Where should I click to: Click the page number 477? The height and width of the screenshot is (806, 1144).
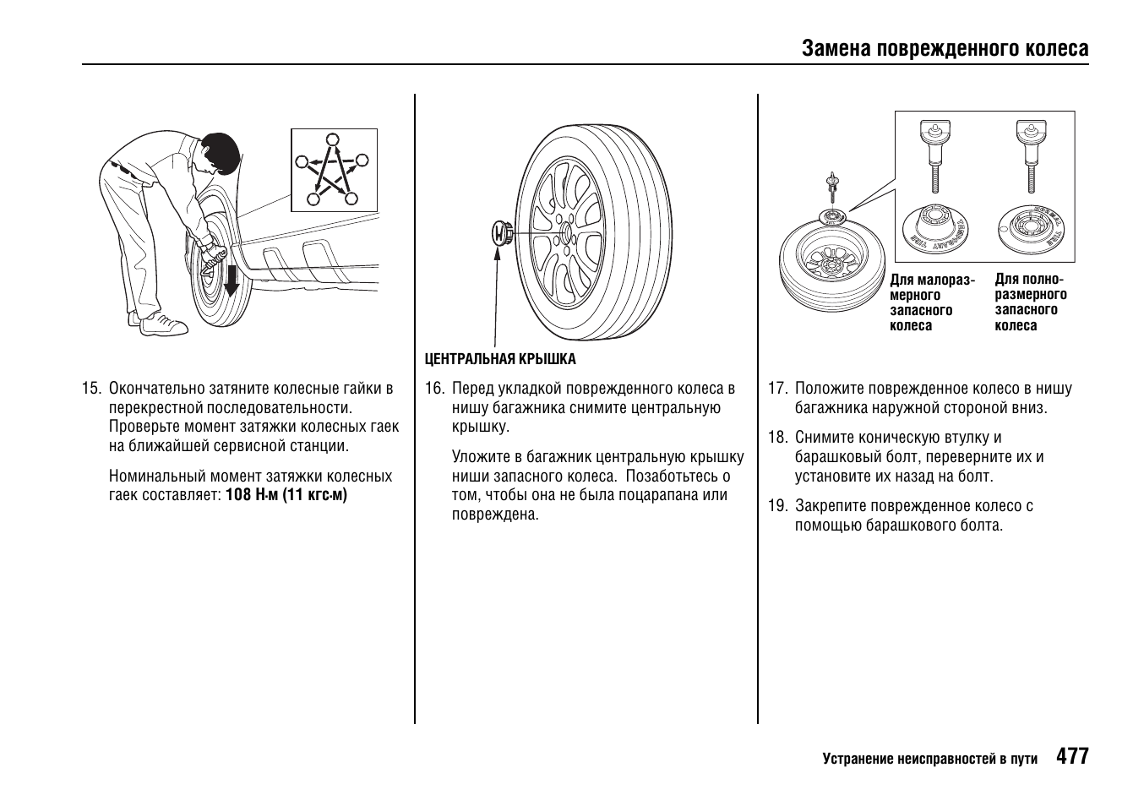point(1072,756)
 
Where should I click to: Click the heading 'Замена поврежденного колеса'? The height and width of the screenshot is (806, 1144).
point(945,48)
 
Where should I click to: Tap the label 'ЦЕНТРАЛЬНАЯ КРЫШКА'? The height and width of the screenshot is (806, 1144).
point(500,359)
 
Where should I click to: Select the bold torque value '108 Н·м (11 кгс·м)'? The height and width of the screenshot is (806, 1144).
point(286,495)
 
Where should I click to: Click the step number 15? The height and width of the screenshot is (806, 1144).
point(91,389)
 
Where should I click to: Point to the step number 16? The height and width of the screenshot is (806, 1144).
point(434,389)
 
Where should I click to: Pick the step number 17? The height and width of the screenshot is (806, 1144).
point(777,389)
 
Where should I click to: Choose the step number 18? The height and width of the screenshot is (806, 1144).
point(777,438)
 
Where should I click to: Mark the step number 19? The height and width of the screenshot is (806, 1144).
point(777,506)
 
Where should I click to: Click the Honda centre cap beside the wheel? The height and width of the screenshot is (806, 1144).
point(501,232)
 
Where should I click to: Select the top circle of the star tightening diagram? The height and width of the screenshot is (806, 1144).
point(333,139)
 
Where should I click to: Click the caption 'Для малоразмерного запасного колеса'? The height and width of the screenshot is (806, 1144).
point(931,303)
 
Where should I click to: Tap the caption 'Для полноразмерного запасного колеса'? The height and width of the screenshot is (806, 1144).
point(1031,302)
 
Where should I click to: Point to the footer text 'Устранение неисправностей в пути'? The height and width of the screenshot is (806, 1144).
point(929,759)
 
